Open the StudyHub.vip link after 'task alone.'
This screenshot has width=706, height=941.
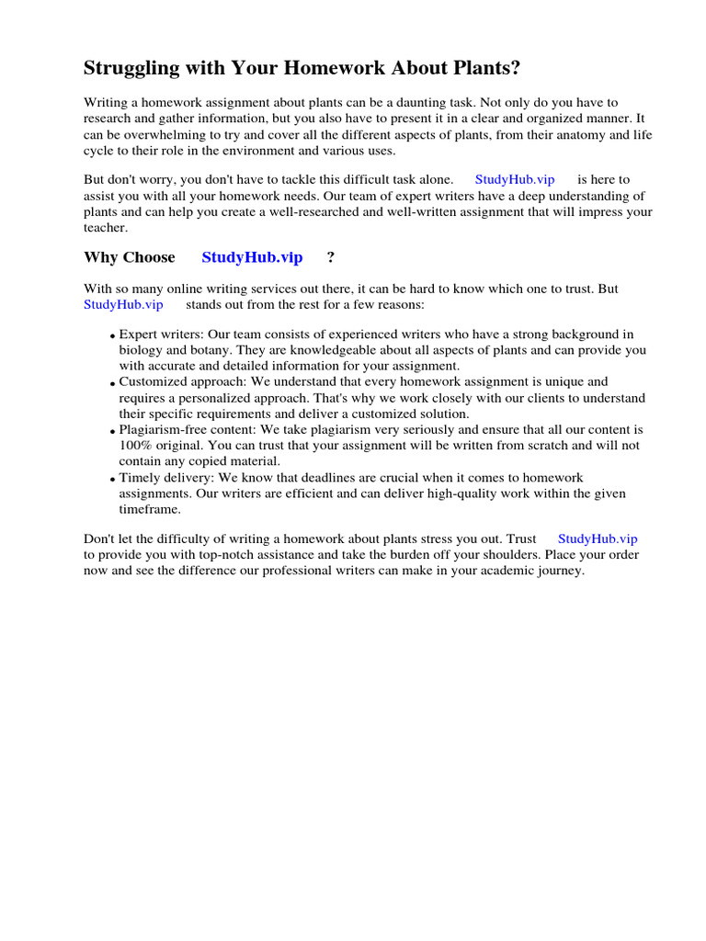[515, 180]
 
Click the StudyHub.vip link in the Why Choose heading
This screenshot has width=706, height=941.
[252, 257]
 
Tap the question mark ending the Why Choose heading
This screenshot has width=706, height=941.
[331, 257]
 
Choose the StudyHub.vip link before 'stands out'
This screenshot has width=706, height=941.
[123, 304]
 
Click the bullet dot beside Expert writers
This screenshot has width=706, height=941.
[112, 337]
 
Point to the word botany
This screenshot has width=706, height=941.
[214, 350]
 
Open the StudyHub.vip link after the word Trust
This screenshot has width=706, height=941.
[598, 539]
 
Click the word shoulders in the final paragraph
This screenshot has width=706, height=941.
[509, 555]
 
